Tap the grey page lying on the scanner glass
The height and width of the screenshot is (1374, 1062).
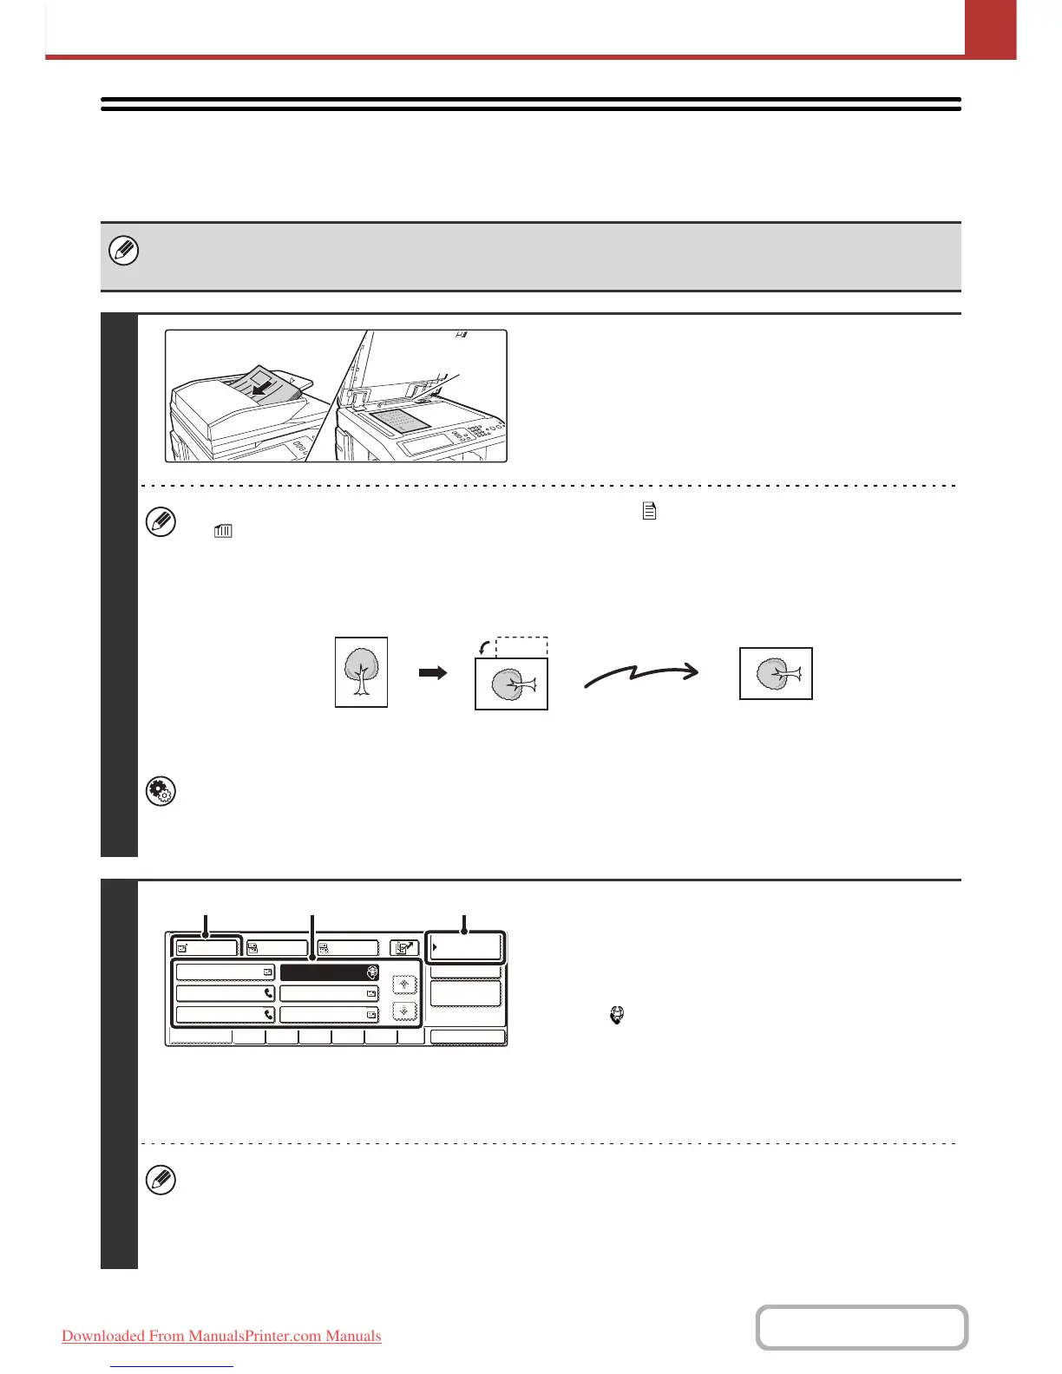point(400,421)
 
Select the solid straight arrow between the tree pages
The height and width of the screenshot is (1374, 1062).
point(432,672)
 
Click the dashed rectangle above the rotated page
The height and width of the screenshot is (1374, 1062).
point(521,647)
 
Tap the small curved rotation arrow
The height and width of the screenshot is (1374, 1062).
point(484,646)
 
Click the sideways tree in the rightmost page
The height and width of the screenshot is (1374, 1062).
point(776,673)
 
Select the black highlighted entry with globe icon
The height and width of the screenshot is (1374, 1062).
point(329,972)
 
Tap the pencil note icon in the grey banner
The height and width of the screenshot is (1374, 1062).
point(124,252)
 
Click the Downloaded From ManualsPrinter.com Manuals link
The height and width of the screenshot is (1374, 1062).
point(221,1336)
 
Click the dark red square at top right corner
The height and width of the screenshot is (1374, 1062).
point(990,29)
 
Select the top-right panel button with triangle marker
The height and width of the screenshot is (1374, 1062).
point(466,947)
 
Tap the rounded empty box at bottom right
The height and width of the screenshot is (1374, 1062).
point(862,1327)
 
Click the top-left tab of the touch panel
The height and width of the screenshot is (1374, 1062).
point(205,948)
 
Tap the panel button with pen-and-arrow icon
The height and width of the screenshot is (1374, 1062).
point(403,948)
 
